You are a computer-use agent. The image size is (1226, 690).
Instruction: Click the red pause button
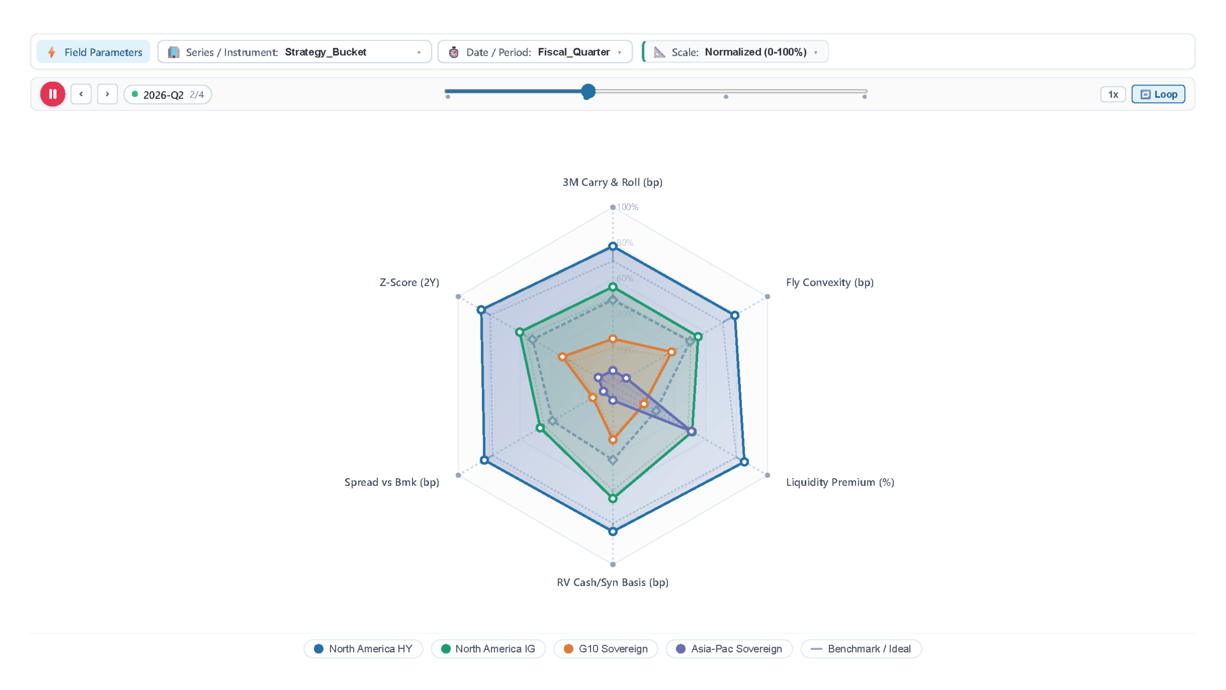click(52, 94)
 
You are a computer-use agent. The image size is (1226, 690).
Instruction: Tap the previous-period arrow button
click(81, 94)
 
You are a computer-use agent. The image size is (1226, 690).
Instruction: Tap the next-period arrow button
click(107, 94)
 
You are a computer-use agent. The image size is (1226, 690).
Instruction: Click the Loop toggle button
click(1158, 94)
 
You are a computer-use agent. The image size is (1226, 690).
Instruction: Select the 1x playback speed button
click(1113, 94)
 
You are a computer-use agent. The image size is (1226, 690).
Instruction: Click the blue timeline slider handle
click(588, 92)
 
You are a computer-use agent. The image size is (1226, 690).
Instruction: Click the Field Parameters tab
click(94, 52)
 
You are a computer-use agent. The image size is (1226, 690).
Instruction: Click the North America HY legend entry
click(363, 649)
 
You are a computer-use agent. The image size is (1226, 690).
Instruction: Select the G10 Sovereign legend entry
click(605, 649)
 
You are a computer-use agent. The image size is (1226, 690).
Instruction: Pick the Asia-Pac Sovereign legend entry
click(729, 649)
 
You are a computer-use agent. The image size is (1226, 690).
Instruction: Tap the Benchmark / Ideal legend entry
click(861, 649)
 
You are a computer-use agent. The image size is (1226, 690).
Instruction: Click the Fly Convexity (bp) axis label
click(830, 282)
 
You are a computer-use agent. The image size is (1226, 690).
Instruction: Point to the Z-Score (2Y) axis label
click(409, 282)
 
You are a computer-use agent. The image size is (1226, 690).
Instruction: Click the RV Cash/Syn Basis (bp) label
click(612, 582)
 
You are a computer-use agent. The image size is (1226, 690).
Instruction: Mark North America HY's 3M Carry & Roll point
click(612, 246)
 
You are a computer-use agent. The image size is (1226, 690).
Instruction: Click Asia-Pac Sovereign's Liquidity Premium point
click(692, 431)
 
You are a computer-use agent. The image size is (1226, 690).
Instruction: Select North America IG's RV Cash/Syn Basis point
click(612, 499)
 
